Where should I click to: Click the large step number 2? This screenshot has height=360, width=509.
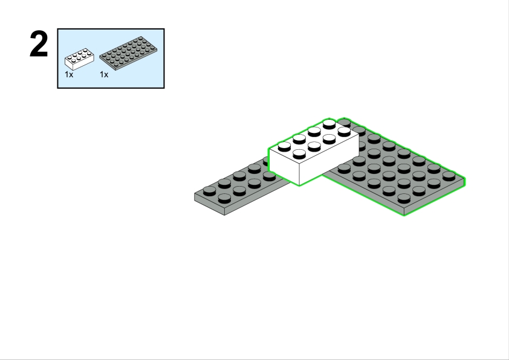point(39,44)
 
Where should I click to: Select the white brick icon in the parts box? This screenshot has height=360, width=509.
point(80,59)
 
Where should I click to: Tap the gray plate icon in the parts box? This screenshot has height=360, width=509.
point(128,53)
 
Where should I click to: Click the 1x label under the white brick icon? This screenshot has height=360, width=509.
point(69,74)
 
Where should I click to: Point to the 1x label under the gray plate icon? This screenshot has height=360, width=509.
point(104,74)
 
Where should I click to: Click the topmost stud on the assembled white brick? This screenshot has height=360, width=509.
point(329,124)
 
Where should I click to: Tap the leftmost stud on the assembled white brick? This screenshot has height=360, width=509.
point(284,147)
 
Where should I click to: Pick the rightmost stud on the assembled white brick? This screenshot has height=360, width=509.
point(344,132)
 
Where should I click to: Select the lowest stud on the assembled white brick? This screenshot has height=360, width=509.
point(299,154)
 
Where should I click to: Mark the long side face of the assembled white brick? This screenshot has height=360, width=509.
point(329,161)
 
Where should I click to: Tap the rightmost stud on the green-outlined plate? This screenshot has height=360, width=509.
point(449,176)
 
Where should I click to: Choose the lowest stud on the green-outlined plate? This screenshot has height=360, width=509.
point(404,199)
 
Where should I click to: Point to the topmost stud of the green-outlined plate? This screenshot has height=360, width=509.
point(345,123)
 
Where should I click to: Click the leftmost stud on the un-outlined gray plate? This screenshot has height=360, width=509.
point(209,191)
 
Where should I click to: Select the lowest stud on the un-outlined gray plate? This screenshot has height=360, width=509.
point(224,199)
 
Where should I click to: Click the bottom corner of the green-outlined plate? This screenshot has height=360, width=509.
point(404,216)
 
